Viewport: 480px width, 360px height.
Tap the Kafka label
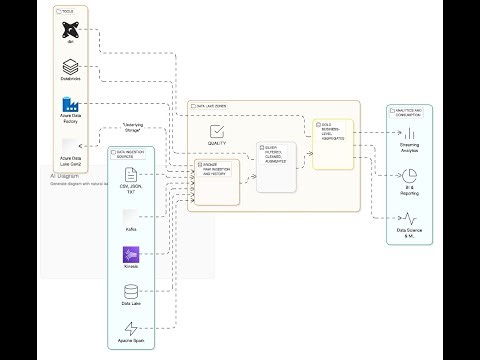[x=131, y=230]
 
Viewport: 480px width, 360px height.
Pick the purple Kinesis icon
[x=131, y=256]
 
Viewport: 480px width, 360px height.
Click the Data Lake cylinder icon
[x=131, y=292]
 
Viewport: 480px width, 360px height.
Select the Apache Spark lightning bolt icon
[x=131, y=328]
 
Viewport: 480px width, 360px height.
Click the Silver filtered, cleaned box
[x=276, y=166]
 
